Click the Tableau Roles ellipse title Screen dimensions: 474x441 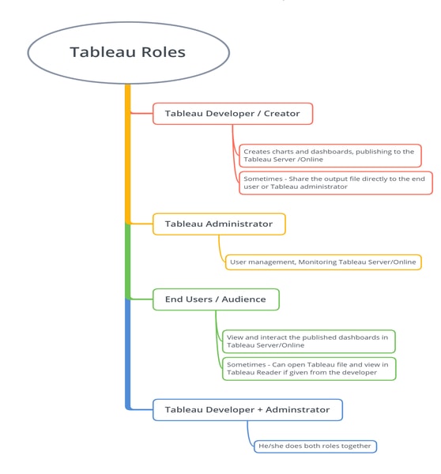pyautogui.click(x=128, y=53)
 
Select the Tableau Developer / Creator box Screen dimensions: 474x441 pyautogui.click(x=232, y=114)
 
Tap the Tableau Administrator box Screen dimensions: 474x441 pyautogui.click(x=219, y=224)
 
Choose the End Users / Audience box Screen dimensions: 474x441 pyautogui.click(x=215, y=299)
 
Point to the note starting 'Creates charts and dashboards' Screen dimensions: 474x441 pyautogui.click(x=330, y=156)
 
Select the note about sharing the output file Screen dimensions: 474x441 pyautogui.click(x=335, y=182)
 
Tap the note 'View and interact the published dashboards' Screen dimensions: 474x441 pyautogui.click(x=308, y=340)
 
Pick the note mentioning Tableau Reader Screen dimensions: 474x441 pyautogui.click(x=308, y=368)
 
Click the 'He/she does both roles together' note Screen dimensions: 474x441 pyautogui.click(x=315, y=446)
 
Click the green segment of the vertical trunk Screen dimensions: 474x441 pyautogui.click(x=127, y=261)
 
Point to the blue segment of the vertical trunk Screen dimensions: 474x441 pyautogui.click(x=127, y=352)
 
